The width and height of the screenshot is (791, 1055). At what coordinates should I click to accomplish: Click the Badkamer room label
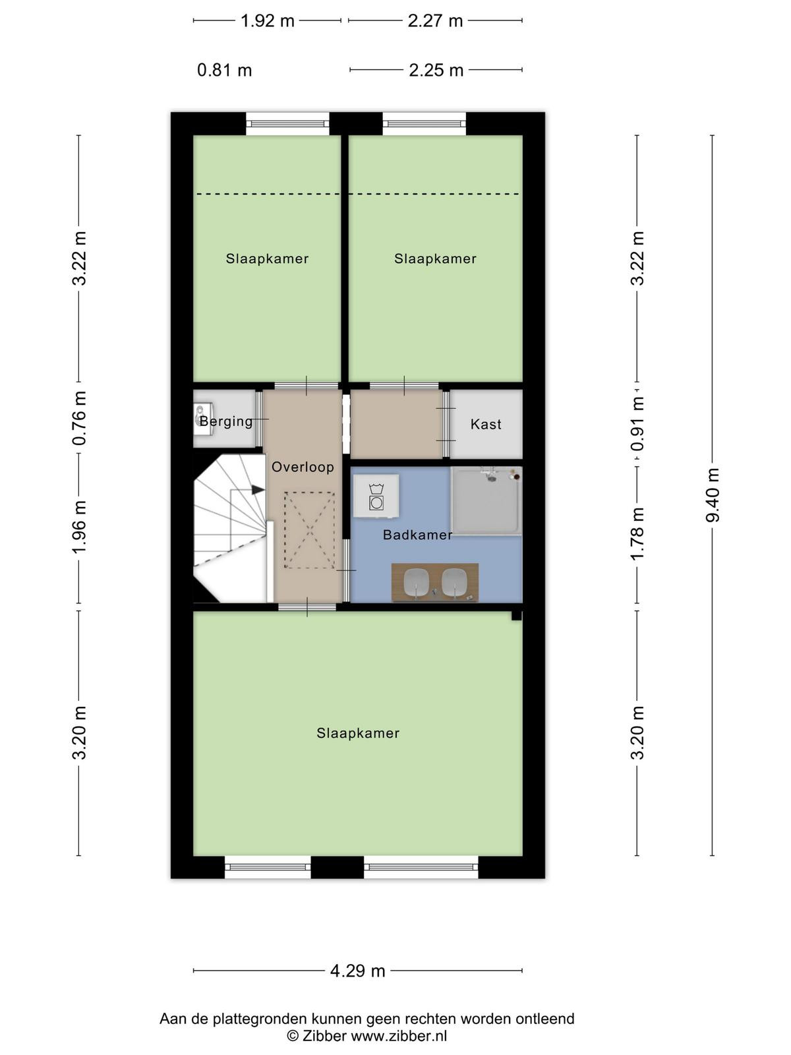417,535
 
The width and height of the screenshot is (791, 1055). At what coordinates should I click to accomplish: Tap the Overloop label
303,467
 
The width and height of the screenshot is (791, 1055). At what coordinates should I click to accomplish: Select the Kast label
486,424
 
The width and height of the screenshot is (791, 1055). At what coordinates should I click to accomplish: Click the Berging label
226,421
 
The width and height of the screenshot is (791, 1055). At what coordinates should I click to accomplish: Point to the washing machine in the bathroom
376,497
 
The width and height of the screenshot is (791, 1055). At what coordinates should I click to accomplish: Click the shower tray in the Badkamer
486,500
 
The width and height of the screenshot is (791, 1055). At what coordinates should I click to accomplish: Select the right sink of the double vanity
454,582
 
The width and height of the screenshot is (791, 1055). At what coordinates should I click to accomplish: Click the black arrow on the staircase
258,490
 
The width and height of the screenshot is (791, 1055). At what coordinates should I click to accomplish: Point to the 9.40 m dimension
713,495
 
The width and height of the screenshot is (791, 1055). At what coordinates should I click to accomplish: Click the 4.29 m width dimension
358,971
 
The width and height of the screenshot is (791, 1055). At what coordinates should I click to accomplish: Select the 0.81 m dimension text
224,71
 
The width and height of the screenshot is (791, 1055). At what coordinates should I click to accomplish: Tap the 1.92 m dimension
267,21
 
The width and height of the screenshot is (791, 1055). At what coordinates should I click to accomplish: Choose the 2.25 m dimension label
436,71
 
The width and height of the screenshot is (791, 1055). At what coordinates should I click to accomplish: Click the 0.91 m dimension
637,423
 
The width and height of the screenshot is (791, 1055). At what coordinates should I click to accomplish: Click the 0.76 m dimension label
79,418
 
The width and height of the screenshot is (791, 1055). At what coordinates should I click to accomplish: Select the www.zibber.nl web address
399,1037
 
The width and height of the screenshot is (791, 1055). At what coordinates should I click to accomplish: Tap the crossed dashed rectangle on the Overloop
309,530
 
